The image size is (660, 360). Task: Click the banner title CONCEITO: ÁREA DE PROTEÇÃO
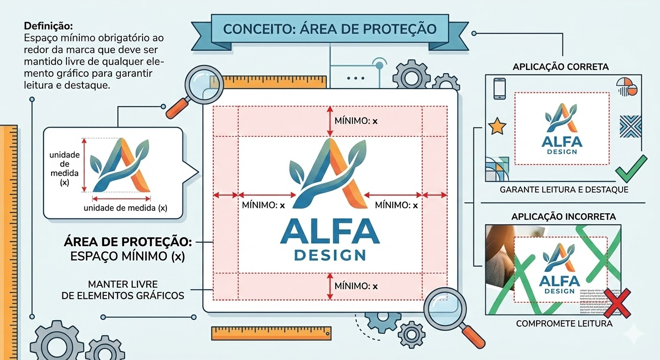point(330,29)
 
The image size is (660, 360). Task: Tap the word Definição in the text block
point(48,26)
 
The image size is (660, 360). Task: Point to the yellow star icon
point(497,127)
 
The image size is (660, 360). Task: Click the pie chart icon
point(627,86)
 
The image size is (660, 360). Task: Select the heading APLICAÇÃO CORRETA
point(561,67)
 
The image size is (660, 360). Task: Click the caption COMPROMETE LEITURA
point(564,323)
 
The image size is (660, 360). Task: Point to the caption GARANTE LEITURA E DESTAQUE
point(564,190)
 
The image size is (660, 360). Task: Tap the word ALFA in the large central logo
point(330,231)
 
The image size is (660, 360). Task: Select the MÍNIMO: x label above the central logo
point(356,121)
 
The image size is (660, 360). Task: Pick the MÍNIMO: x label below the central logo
point(356,285)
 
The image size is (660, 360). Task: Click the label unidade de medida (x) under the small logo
point(125,208)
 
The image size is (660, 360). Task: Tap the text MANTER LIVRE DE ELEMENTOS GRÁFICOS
point(123,290)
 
